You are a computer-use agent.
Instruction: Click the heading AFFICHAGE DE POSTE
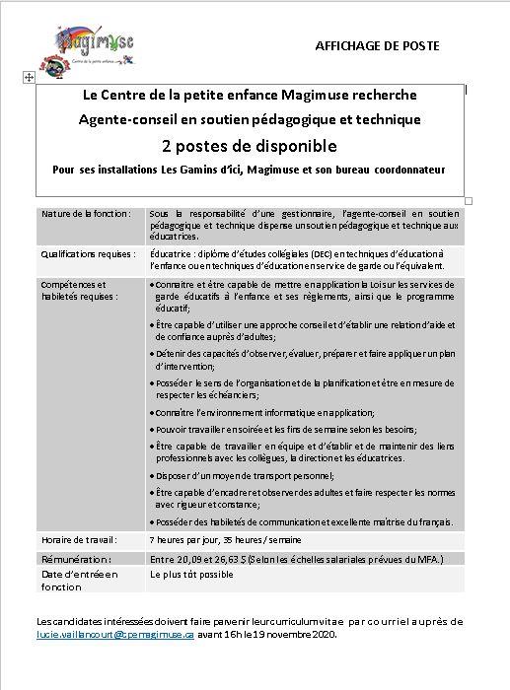point(378,46)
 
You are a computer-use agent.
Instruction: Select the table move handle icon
point(28,76)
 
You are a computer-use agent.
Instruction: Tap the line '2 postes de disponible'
point(250,146)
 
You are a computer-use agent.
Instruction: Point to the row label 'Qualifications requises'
point(87,253)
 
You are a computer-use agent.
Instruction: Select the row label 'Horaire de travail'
point(78,539)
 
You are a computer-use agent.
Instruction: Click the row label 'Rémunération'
point(75,559)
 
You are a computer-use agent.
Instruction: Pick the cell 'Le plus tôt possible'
point(192,572)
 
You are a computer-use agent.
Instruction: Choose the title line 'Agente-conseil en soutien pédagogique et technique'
point(250,119)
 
